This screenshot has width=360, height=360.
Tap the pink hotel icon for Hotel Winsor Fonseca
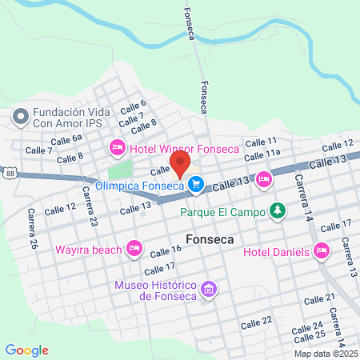(117, 148)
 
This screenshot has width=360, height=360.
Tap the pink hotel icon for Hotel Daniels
(322, 251)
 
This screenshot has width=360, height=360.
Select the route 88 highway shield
(9, 172)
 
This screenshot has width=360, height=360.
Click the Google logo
(26, 350)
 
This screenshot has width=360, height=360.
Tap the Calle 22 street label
(256, 322)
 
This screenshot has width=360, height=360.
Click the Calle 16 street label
(166, 250)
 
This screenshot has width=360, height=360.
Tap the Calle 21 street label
(319, 299)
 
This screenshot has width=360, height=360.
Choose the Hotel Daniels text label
(277, 252)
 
